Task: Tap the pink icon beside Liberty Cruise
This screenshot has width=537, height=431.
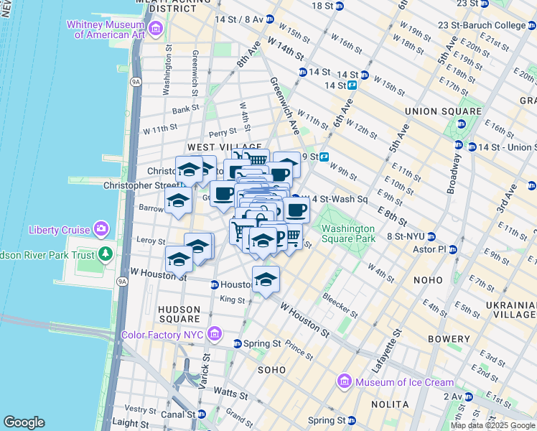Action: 101,230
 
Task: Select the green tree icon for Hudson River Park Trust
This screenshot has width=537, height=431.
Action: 106,254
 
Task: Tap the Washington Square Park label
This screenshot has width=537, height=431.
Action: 348,233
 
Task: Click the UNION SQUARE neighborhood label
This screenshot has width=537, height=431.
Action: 443,111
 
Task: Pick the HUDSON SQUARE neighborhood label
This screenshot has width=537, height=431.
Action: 179,313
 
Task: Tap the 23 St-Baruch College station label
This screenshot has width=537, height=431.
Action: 492,25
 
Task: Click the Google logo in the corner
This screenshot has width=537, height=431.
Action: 24,422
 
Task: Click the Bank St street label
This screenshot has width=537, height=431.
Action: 185,109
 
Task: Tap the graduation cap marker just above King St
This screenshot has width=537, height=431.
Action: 266,279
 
